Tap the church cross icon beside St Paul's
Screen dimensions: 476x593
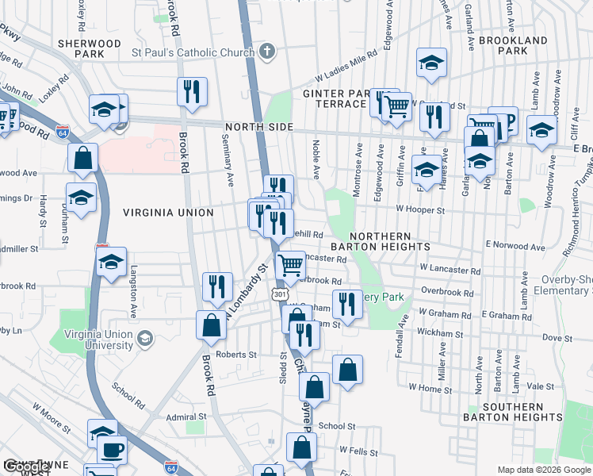pyautogui.click(x=267, y=52)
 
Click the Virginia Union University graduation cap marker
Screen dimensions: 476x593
pyautogui.click(x=144, y=340)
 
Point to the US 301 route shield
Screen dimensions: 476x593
pyautogui.click(x=278, y=294)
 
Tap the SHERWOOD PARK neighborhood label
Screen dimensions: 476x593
pyautogui.click(x=89, y=48)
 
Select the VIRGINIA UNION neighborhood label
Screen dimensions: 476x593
pyautogui.click(x=168, y=213)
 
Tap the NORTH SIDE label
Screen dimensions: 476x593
pyautogui.click(x=258, y=128)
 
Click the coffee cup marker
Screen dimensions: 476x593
pyautogui.click(x=113, y=448)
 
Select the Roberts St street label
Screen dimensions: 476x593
pyautogui.click(x=236, y=355)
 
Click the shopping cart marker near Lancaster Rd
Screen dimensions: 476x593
pyautogui.click(x=291, y=265)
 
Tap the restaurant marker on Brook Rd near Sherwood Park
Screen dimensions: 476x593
pyautogui.click(x=192, y=92)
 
